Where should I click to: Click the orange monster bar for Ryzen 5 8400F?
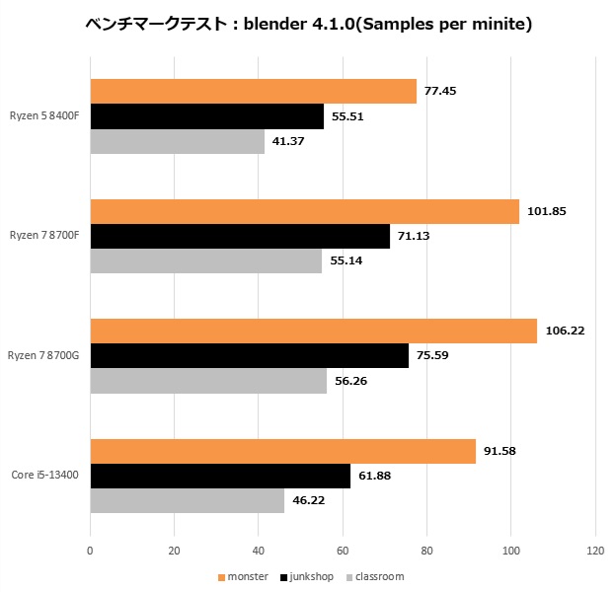pyautogui.click(x=253, y=92)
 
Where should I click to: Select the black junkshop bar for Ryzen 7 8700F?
pyautogui.click(x=240, y=236)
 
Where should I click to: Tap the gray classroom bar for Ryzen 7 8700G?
pyautogui.click(x=208, y=381)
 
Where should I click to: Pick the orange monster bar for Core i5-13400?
pyautogui.click(x=282, y=451)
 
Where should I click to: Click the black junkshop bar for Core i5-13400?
pyautogui.click(x=220, y=476)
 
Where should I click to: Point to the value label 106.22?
pyautogui.click(x=565, y=331)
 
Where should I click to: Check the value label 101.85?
pyautogui.click(x=547, y=211)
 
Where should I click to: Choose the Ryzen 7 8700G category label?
pyautogui.click(x=45, y=355)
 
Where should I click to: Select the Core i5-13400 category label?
pyautogui.click(x=45, y=476)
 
